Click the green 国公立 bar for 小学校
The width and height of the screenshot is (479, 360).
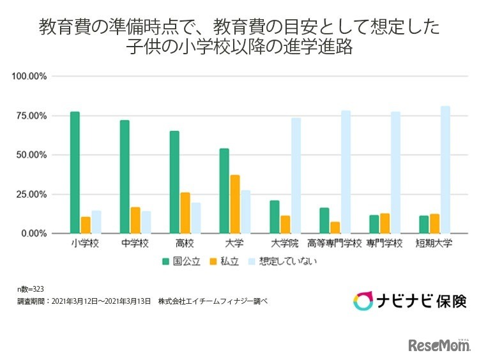point(75,172)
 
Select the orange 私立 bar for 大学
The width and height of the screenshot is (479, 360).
point(236,204)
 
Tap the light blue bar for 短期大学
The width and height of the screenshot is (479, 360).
point(445,170)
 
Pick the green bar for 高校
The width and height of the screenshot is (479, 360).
point(174,182)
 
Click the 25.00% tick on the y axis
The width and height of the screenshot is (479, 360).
point(31,194)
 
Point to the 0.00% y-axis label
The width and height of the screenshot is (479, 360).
point(33,234)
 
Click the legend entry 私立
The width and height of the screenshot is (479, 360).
point(225,261)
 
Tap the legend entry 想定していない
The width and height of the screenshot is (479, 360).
point(284,261)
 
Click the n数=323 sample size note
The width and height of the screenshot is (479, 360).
point(30,289)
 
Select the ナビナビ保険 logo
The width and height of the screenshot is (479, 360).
point(410,300)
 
